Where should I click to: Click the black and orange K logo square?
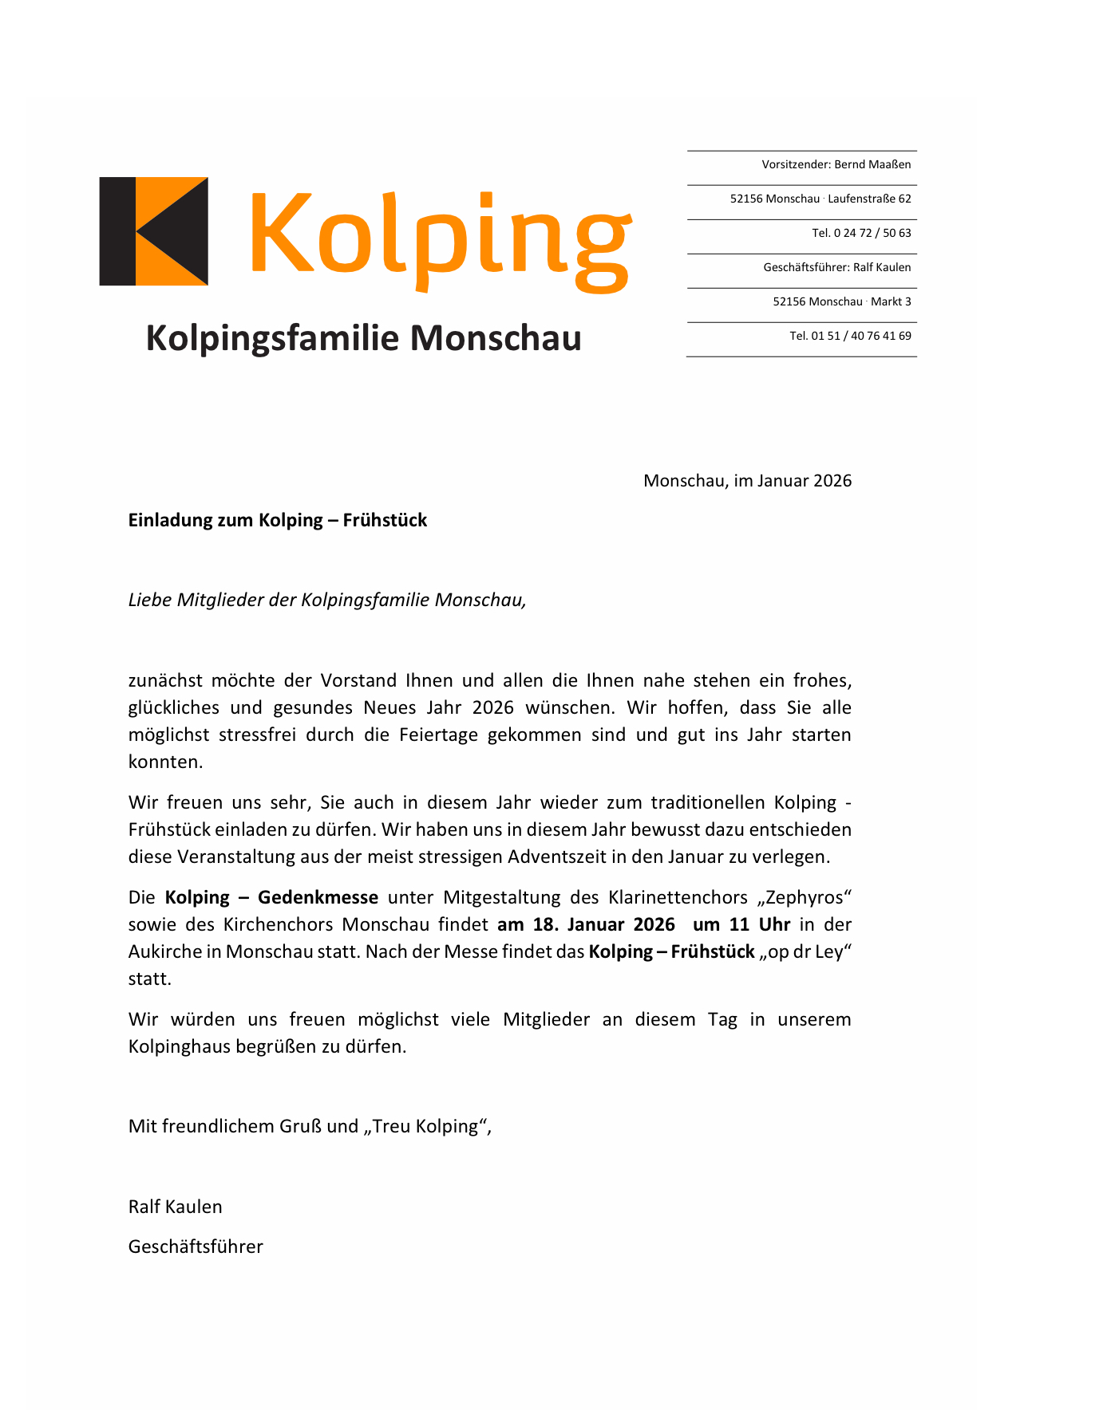(x=153, y=231)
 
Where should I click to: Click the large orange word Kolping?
(x=441, y=238)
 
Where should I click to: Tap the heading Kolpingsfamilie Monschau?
(x=363, y=338)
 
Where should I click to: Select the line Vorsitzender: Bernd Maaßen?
(x=836, y=165)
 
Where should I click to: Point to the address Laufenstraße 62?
(x=869, y=199)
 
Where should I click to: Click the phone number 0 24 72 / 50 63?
(x=872, y=234)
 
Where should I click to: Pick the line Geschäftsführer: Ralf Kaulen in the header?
(x=836, y=268)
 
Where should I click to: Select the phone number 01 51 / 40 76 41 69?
(x=860, y=337)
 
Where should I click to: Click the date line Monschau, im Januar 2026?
(x=747, y=481)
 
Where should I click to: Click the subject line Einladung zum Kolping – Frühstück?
(x=278, y=521)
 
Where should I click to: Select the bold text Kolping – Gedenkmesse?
(x=271, y=898)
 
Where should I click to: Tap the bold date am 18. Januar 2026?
(x=586, y=925)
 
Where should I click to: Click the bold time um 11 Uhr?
(x=741, y=925)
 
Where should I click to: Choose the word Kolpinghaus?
(x=178, y=1047)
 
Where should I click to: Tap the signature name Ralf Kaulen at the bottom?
(x=176, y=1207)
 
